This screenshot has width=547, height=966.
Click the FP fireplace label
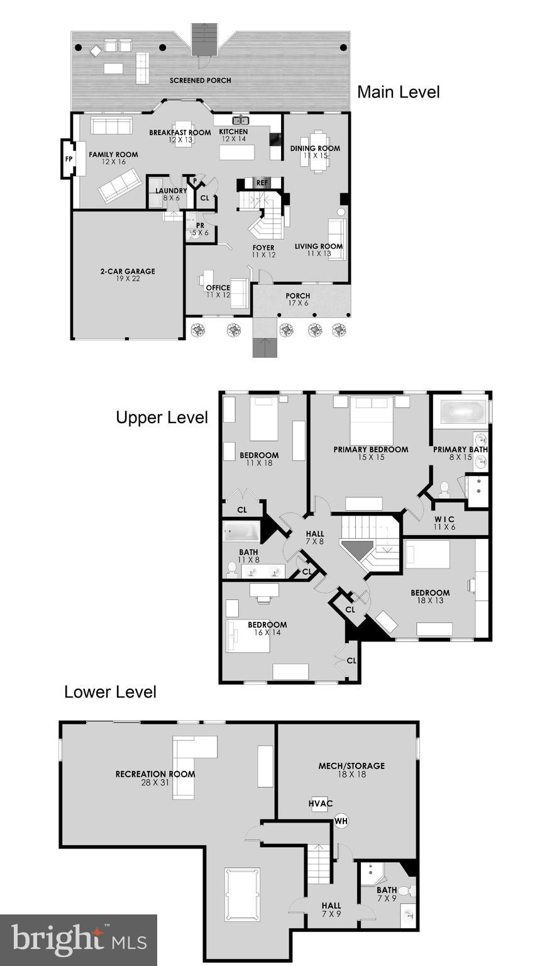pos(69,158)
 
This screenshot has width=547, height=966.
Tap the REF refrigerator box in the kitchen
pos(262,183)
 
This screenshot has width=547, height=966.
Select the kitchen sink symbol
pos(241,119)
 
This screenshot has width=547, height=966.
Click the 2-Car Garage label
pos(127,272)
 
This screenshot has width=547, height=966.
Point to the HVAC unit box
pos(320,804)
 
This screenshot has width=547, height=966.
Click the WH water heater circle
pos(341,821)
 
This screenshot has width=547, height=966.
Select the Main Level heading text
pos(398,92)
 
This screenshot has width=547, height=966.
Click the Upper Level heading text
pos(162,418)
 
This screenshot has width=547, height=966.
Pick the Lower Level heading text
pos(110,692)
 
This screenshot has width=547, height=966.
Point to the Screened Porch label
pos(200,80)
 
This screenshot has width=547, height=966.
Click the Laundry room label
pos(171,191)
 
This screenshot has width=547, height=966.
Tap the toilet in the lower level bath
pos(405,891)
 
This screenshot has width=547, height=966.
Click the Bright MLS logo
pos(79,940)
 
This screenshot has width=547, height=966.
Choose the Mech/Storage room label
pos(351,766)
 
